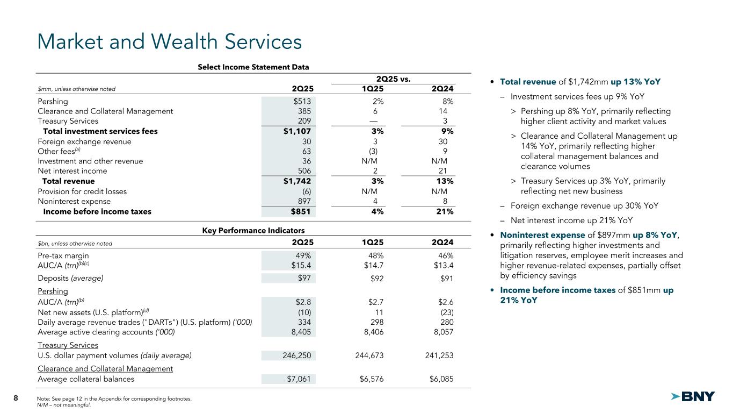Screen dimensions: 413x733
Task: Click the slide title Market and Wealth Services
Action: click(x=169, y=41)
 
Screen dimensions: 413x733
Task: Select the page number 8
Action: click(x=16, y=398)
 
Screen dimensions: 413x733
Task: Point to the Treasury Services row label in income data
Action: click(x=68, y=121)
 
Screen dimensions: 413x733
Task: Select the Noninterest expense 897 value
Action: click(x=304, y=201)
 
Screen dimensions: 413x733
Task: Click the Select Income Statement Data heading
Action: click(x=253, y=67)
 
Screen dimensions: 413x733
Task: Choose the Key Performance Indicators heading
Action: click(x=253, y=231)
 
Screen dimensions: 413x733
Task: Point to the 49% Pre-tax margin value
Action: click(x=303, y=255)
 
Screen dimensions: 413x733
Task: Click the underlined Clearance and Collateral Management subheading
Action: click(x=105, y=368)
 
